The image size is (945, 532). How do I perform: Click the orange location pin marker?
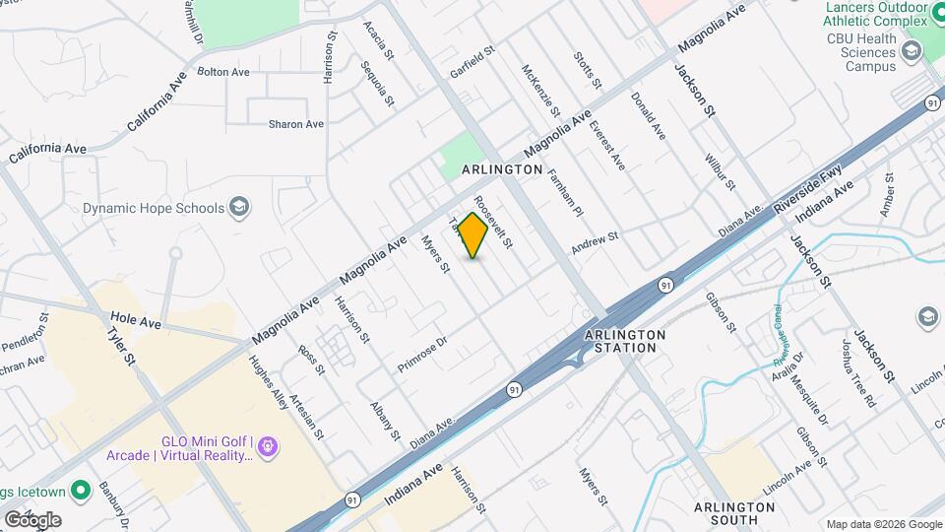(472, 234)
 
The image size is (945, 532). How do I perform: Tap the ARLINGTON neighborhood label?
(502, 169)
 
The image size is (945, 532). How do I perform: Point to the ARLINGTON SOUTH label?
(734, 512)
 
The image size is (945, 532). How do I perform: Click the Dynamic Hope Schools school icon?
(237, 207)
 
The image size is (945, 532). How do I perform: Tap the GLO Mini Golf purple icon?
(269, 449)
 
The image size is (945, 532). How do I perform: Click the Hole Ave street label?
(135, 321)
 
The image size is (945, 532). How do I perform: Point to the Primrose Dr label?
(422, 354)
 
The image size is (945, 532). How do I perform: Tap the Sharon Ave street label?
(296, 124)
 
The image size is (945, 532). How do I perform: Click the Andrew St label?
(595, 242)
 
